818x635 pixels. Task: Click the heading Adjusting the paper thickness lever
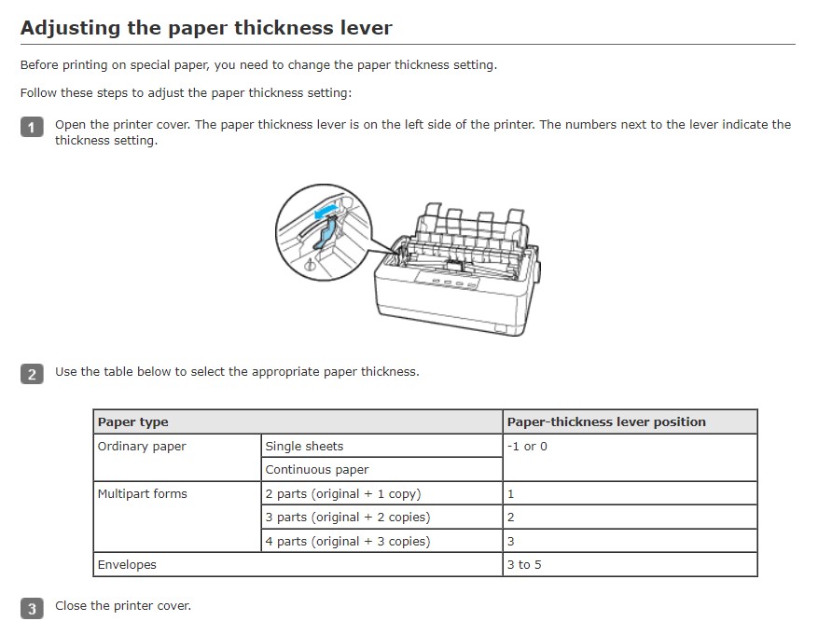[x=206, y=28]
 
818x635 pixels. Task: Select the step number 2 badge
[x=32, y=374]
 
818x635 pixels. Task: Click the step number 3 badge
[x=32, y=609]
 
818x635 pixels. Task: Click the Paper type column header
[x=132, y=422]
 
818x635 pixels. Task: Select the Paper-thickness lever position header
[x=606, y=422]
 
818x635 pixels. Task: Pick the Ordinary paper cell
[x=142, y=447]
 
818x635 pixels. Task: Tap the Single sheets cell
[x=304, y=447]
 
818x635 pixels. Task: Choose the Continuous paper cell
[x=317, y=470]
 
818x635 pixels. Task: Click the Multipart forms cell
[x=142, y=494]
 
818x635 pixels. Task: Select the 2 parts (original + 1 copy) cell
[x=342, y=494]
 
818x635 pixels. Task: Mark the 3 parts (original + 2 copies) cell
[x=347, y=518]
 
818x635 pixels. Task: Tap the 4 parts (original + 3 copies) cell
[x=347, y=542]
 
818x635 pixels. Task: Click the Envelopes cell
[x=127, y=565]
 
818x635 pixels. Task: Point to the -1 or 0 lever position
[x=527, y=447]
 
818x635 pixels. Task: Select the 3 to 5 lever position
[x=523, y=565]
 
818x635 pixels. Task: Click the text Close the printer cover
[x=123, y=606]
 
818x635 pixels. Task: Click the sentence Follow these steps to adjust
[x=186, y=93]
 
